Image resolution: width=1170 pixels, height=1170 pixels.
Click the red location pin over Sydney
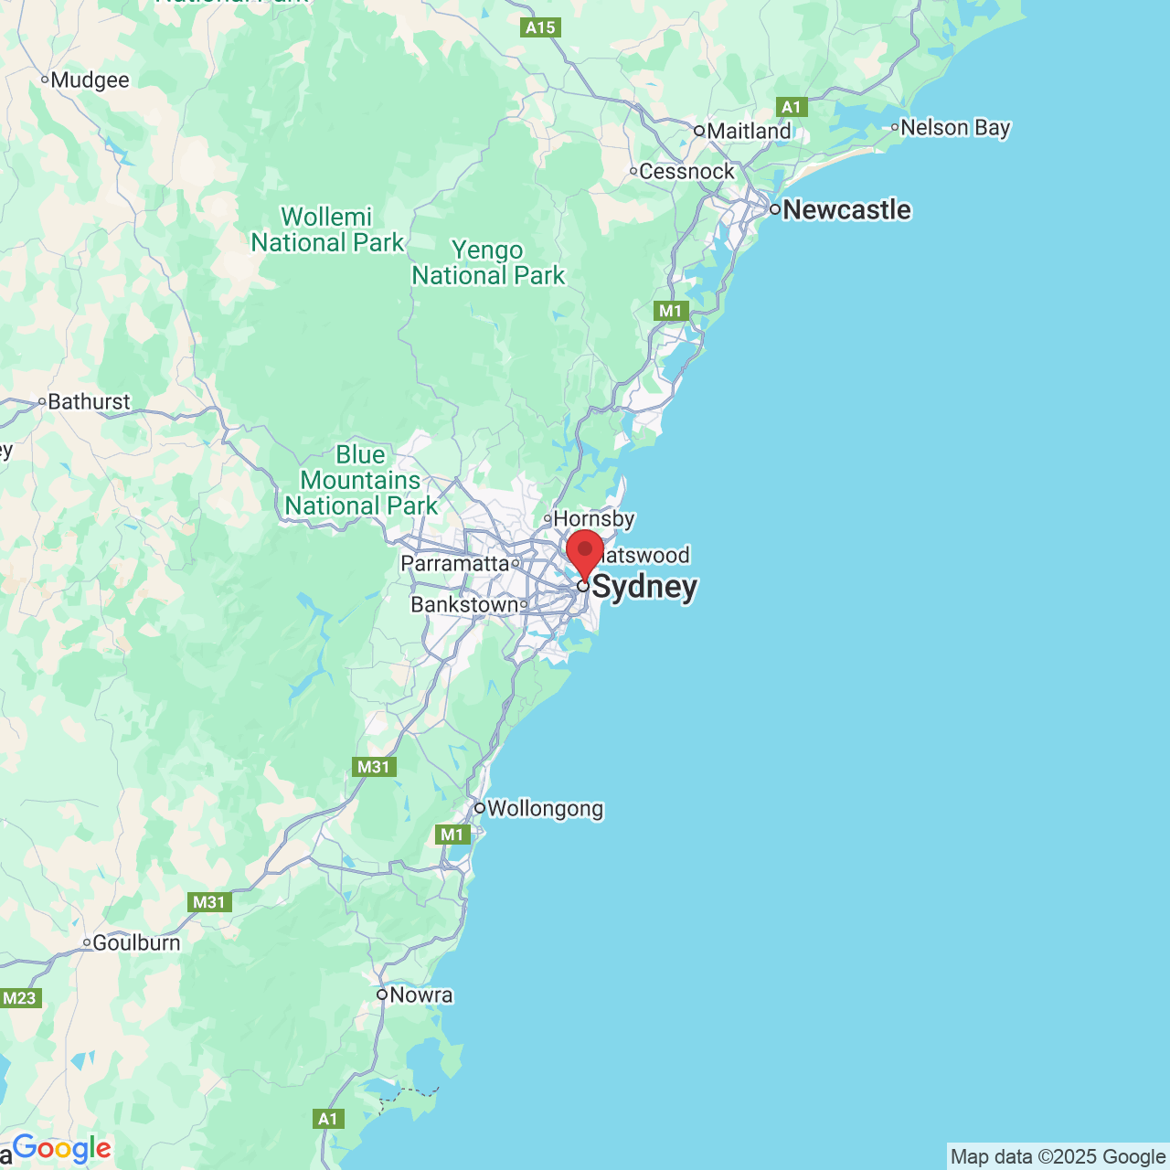pyautogui.click(x=585, y=551)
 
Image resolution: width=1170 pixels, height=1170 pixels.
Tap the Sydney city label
pyautogui.click(x=644, y=587)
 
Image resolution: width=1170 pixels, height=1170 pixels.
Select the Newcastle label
pyautogui.click(x=846, y=209)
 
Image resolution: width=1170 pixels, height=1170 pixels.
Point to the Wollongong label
pyautogui.click(x=545, y=808)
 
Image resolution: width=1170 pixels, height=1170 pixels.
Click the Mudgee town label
pyautogui.click(x=90, y=80)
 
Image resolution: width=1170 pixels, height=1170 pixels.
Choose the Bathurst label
pyautogui.click(x=89, y=401)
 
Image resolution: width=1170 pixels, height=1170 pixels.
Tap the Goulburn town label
pyautogui.click(x=136, y=942)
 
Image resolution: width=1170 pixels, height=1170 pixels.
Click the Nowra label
pyautogui.click(x=420, y=994)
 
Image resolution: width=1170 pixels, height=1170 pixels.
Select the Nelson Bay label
pyautogui.click(x=955, y=127)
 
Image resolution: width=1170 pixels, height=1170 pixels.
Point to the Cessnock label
pyautogui.click(x=686, y=171)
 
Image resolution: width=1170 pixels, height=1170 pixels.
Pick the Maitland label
pyautogui.click(x=749, y=131)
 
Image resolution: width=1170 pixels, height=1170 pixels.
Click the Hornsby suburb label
pyautogui.click(x=594, y=518)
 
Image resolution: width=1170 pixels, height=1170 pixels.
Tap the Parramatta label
pyautogui.click(x=454, y=563)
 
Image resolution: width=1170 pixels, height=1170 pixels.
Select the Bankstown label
pyautogui.click(x=464, y=604)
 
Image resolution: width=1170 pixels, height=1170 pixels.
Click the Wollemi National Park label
pyautogui.click(x=327, y=229)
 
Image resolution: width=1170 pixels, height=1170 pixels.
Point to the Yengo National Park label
pyautogui.click(x=488, y=262)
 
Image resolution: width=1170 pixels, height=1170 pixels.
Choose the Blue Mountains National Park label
pyautogui.click(x=361, y=480)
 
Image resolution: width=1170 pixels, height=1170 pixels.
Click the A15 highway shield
pyautogui.click(x=540, y=27)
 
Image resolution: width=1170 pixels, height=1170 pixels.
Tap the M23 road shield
pyautogui.click(x=19, y=997)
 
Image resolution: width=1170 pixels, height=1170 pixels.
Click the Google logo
pyautogui.click(x=61, y=1148)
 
